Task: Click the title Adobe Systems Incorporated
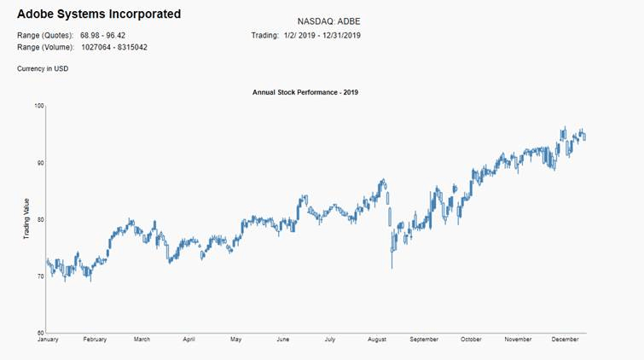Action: click(x=99, y=15)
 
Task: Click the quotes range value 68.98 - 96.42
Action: click(x=103, y=35)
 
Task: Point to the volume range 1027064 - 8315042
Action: click(x=114, y=47)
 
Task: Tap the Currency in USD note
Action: click(x=43, y=68)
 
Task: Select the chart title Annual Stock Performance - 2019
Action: click(x=305, y=91)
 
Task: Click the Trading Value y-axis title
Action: click(x=27, y=219)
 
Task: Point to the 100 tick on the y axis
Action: click(x=38, y=106)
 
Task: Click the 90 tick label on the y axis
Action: click(x=39, y=163)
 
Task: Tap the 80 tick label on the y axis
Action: click(x=39, y=219)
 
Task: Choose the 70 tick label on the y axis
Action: click(x=39, y=276)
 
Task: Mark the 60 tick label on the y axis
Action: click(x=39, y=333)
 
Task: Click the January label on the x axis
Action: click(x=49, y=340)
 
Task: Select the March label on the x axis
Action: click(x=142, y=340)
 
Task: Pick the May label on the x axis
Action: click(x=235, y=340)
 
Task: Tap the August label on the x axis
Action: click(x=376, y=340)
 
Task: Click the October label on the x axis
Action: click(x=471, y=340)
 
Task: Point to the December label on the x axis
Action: click(x=566, y=340)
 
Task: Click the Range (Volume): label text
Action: click(x=45, y=47)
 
